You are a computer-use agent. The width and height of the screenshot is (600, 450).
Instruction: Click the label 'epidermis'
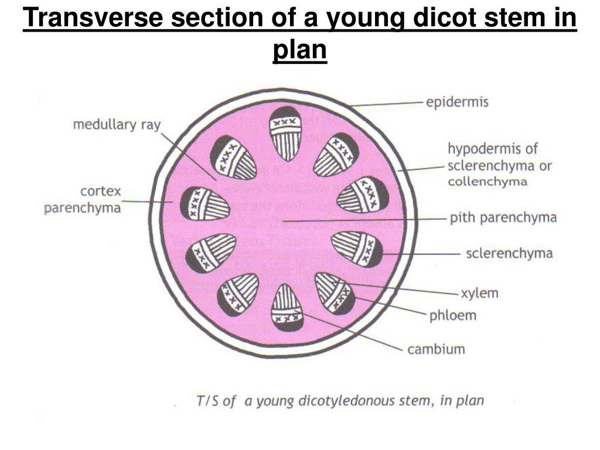point(457,102)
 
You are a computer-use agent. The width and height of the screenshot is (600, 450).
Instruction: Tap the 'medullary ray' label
point(117,124)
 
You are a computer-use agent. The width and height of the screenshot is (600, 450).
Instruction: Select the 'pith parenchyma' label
point(503,218)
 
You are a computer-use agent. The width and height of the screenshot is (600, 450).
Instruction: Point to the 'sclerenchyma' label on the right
point(509,253)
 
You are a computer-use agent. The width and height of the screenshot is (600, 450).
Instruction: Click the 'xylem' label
point(479,292)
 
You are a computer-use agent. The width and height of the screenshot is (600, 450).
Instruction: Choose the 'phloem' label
point(452,316)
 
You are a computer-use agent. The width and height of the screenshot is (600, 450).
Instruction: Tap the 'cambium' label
point(436,349)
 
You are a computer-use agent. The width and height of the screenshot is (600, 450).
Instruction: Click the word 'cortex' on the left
point(101,191)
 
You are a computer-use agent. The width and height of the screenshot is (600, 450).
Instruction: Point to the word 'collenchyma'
point(487,182)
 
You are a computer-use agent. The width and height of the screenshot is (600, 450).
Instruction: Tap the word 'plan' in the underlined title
point(299,49)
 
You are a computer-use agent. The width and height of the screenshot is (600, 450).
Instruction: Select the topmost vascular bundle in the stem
point(285,134)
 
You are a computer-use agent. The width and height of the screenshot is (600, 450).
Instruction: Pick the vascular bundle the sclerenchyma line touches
point(358,249)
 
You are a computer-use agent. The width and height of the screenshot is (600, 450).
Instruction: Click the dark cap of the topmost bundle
point(285,112)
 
